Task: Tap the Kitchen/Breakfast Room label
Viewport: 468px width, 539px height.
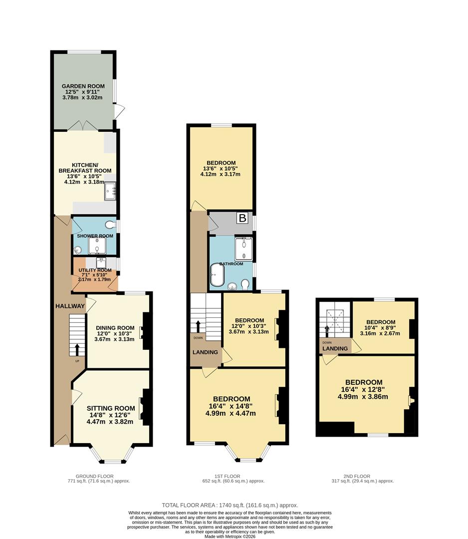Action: click(85, 168)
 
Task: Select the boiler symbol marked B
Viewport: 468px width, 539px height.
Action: click(242, 218)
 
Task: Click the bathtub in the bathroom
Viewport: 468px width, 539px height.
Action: click(218, 275)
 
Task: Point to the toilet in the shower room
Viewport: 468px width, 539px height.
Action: click(111, 225)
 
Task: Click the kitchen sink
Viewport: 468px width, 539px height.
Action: click(110, 191)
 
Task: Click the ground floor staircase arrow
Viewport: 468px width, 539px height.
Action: click(77, 349)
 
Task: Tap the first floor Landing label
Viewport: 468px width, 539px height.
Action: click(205, 352)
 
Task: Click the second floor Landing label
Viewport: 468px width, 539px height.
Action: click(335, 348)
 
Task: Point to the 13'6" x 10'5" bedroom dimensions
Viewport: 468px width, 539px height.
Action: click(220, 169)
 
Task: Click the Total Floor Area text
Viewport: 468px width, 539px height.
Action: click(230, 505)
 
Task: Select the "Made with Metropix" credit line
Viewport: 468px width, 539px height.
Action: click(230, 536)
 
